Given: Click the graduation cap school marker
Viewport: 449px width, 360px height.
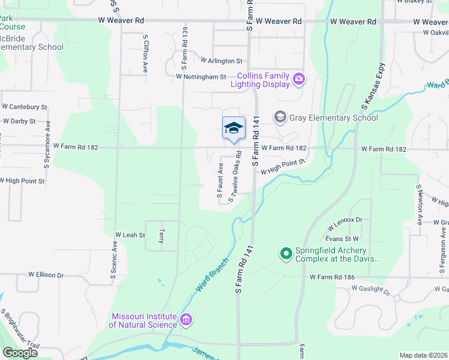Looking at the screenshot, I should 234,128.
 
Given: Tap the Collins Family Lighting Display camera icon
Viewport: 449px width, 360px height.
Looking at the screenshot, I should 298,79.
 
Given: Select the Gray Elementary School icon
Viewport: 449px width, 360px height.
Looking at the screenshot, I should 280,118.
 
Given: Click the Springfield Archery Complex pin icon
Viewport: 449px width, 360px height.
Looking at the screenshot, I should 286,254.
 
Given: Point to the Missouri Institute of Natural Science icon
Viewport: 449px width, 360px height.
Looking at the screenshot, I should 186,320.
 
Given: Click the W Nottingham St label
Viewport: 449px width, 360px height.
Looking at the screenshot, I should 201,77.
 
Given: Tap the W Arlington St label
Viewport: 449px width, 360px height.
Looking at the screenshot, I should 221,61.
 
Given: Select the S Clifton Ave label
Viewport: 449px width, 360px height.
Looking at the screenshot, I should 145,54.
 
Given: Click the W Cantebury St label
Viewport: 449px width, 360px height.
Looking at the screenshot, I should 25,106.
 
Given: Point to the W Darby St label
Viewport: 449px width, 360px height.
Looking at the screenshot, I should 19,121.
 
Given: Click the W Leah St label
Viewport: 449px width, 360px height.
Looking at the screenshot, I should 130,235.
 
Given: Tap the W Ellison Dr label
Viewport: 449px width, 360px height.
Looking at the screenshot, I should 46,275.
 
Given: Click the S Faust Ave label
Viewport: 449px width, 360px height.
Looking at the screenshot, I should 220,181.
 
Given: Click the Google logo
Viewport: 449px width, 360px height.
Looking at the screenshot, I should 20,352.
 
